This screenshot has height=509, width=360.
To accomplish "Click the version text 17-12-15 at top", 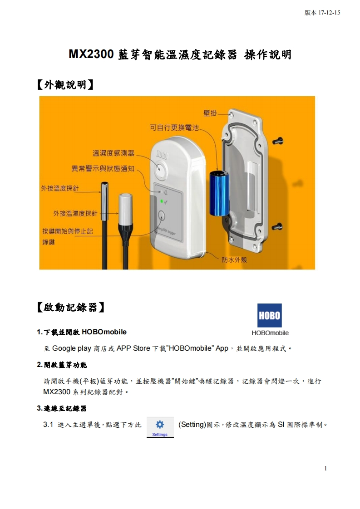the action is tap(329, 13).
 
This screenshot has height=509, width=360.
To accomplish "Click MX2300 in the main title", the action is tap(91, 54).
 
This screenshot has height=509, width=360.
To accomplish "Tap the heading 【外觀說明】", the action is tap(65, 85).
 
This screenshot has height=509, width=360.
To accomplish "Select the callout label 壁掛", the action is tap(210, 113).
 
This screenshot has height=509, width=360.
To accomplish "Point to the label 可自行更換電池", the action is tap(174, 127).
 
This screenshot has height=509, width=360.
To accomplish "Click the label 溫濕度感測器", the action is tap(113, 153).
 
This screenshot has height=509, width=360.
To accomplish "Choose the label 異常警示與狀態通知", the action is tap(103, 168).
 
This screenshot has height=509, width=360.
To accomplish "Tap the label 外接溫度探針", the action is tap(60, 189).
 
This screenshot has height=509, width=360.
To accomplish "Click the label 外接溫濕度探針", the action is tap(75, 214).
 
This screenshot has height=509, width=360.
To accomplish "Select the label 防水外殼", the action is tap(234, 259).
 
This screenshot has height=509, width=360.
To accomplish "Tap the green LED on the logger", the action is tap(161, 201).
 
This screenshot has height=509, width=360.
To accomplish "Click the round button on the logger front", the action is tap(162, 216).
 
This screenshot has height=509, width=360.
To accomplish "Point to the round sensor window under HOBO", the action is tap(161, 170).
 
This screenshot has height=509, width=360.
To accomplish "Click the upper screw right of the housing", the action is tap(278, 141).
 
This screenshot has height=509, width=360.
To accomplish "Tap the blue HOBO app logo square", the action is tap(269, 316).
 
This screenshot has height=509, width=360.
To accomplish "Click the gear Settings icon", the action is tap(160, 425).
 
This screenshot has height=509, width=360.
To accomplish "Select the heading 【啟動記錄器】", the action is tap(70, 308).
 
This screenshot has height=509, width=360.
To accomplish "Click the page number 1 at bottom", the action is tap(325, 469).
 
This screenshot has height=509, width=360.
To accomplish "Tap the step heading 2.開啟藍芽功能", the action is tap(62, 365).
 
